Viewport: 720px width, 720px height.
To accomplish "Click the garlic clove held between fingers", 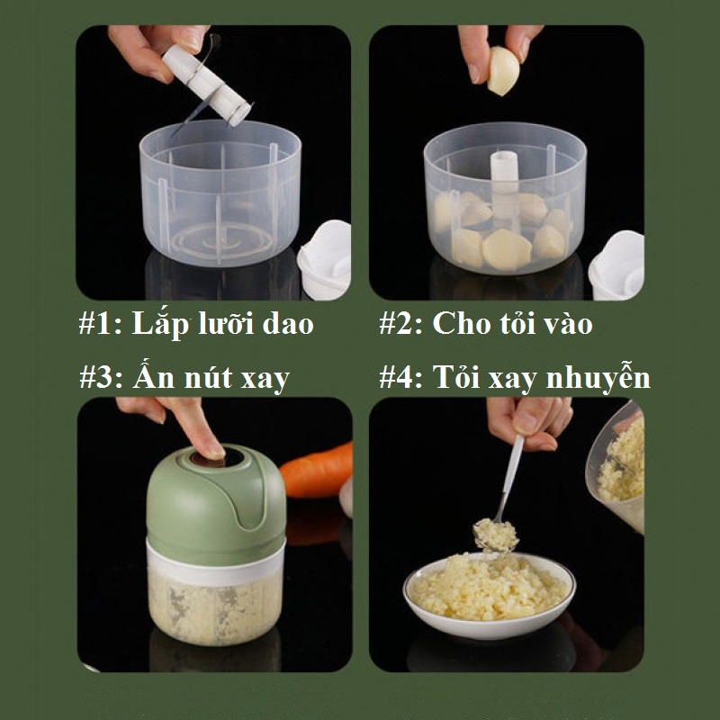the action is pyautogui.click(x=503, y=71).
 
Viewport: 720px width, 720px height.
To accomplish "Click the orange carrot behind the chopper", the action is pyautogui.click(x=317, y=470).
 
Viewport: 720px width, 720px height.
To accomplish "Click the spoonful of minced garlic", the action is pyautogui.click(x=496, y=535).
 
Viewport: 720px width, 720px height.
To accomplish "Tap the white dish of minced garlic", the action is pyautogui.click(x=489, y=596).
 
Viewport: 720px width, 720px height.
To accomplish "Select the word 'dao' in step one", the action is pyautogui.click(x=287, y=323).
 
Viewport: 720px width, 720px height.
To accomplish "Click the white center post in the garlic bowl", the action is pyautogui.click(x=504, y=184).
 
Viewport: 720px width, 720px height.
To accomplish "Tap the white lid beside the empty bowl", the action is pyautogui.click(x=325, y=259).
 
